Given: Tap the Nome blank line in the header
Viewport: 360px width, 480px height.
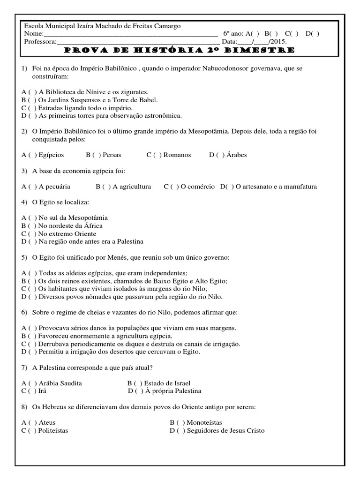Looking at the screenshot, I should [x=131, y=35].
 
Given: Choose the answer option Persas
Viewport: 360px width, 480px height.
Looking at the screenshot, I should [x=112, y=155].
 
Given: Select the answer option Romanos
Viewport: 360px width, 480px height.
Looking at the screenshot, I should [x=175, y=155].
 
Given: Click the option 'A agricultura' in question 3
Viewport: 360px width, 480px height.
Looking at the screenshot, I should [x=132, y=187].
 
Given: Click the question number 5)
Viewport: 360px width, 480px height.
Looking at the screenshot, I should [x=25, y=258].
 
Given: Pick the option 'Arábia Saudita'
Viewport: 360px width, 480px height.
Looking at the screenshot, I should [x=60, y=383].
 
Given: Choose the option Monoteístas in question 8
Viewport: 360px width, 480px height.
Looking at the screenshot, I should [x=203, y=423].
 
